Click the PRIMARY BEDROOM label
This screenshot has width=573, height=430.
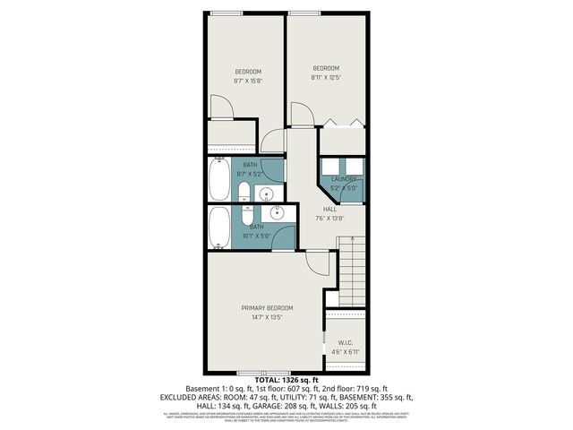[x=267, y=308]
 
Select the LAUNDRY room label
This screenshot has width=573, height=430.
[x=344, y=179]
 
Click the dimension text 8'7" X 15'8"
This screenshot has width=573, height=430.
[x=248, y=81]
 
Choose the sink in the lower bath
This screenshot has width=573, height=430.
[x=276, y=212]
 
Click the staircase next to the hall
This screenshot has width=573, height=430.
[x=352, y=272]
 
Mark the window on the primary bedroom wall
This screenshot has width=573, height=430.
[x=260, y=372]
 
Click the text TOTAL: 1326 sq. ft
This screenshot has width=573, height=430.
[x=286, y=381]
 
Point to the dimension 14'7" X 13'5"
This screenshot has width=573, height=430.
[x=267, y=317]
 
